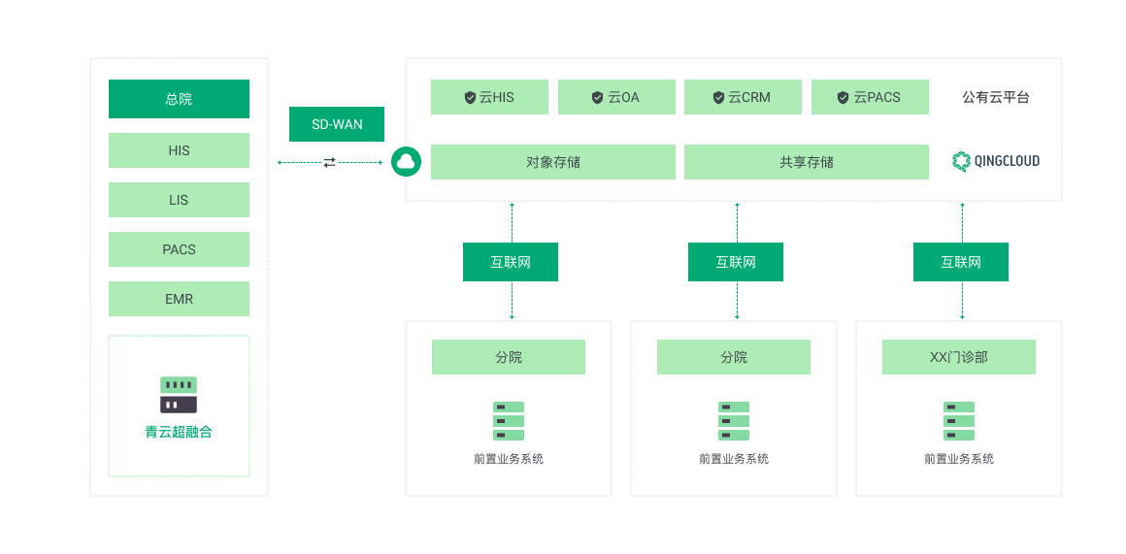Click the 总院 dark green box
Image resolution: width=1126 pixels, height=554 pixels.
pos(179,99)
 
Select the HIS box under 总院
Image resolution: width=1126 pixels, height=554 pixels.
pos(179,150)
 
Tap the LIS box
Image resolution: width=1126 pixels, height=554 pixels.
pos(179,200)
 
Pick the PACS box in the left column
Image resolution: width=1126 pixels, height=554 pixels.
pos(179,249)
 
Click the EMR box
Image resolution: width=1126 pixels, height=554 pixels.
pos(179,299)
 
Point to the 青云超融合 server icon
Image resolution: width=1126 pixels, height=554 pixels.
pos(178,395)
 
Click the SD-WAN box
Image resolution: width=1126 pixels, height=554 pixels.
pos(337,124)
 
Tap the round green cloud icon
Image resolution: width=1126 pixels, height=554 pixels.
pos(407,161)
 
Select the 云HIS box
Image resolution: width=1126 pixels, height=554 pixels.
pos(490,97)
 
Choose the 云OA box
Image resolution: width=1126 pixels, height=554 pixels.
pos(616,97)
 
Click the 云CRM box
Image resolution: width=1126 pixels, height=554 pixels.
pos(744,97)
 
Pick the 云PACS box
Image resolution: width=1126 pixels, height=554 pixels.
pos(870,97)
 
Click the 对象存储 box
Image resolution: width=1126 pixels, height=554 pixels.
pos(553,162)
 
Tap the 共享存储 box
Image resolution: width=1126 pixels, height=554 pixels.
pos(807,162)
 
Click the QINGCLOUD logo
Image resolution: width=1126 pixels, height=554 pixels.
pos(996,161)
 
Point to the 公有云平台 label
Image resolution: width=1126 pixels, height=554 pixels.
pos(996,98)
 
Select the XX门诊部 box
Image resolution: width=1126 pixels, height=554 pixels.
pos(959,357)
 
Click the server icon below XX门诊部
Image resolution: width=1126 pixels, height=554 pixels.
pos(959,421)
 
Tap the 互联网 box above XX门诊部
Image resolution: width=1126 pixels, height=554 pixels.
pos(961,262)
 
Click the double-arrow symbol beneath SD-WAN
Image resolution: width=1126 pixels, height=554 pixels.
pos(330,163)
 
